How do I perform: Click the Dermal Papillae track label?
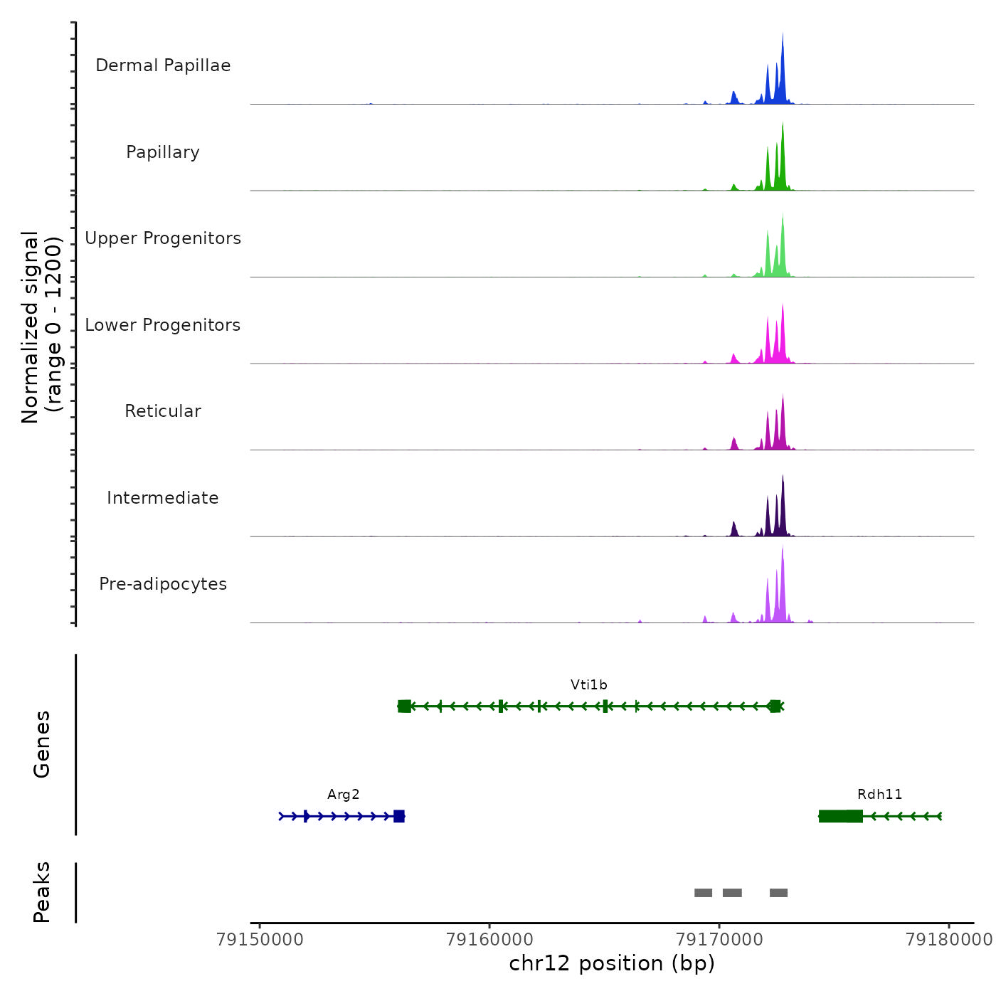(x=163, y=65)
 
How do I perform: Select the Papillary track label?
(x=163, y=152)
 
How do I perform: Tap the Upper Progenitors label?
(x=163, y=238)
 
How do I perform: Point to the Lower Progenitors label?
(x=163, y=325)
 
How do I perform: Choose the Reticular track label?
(x=163, y=411)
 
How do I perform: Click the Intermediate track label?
(x=163, y=498)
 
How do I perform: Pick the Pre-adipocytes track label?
(x=163, y=584)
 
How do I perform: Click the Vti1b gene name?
(x=589, y=685)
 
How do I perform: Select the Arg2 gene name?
(x=344, y=795)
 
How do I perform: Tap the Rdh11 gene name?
(x=880, y=795)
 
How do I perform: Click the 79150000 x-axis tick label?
(x=260, y=940)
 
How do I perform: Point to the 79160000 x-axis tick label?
(x=489, y=940)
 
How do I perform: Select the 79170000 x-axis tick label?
(x=719, y=940)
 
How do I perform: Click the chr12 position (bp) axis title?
(x=612, y=963)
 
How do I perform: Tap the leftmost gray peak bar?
(x=703, y=893)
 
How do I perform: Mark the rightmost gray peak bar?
(x=778, y=893)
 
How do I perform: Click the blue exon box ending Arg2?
(x=399, y=816)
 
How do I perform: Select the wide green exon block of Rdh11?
(x=841, y=816)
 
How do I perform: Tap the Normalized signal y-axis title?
(x=41, y=327)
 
